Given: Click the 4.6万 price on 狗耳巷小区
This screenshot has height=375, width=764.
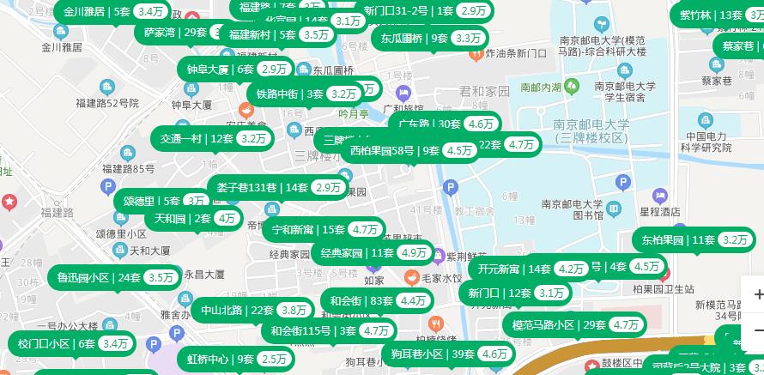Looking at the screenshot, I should click(494, 354).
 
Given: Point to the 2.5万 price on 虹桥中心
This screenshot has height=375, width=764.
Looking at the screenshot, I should click(275, 359).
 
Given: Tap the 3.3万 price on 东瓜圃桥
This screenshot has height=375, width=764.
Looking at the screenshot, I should click(468, 38).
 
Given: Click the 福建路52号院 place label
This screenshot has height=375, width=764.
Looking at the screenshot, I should click(106, 102).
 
